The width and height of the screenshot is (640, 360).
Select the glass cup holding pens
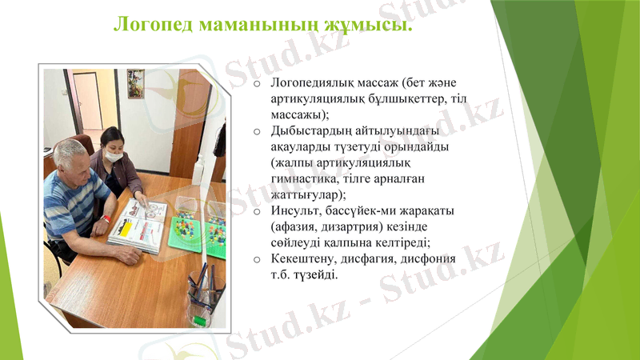pyautogui.click(x=204, y=296)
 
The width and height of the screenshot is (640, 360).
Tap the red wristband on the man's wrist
pyautogui.click(x=106, y=218)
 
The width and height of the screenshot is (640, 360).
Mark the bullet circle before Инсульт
pyautogui.click(x=256, y=212)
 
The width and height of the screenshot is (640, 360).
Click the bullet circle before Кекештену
pyautogui.click(x=256, y=260)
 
